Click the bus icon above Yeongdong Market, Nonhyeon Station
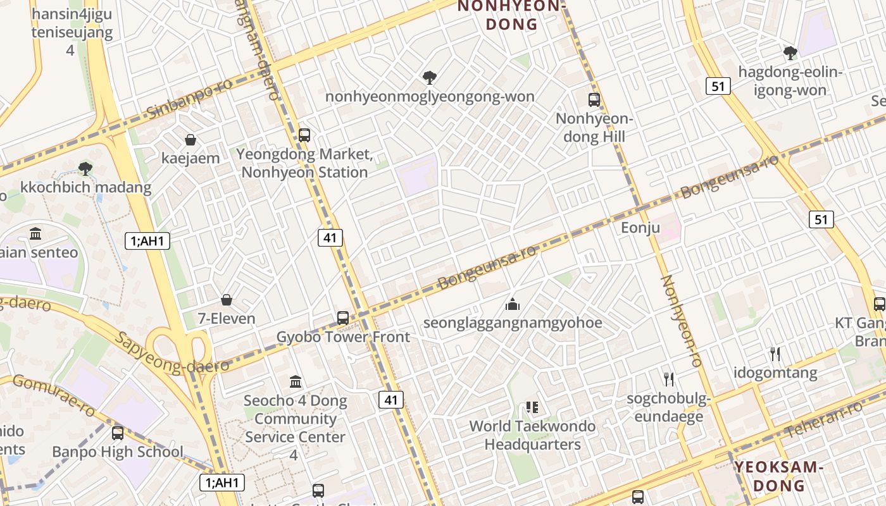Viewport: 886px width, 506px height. tap(304, 135)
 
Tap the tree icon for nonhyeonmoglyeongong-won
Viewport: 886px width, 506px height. tap(430, 78)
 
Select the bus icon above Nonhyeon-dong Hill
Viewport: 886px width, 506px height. tap(594, 100)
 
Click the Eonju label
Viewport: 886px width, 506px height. tap(640, 228)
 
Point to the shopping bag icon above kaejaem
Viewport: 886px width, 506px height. tap(190, 140)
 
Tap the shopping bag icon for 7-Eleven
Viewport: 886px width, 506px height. tap(227, 300)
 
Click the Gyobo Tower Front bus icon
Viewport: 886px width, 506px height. tap(343, 318)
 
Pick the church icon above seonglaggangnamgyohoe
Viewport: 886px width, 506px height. tap(513, 304)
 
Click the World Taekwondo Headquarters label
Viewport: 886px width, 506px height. tap(532, 435)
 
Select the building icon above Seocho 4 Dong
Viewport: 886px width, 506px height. tap(296, 382)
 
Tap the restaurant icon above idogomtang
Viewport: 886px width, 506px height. tap(775, 354)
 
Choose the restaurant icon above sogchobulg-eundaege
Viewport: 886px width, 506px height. tap(669, 379)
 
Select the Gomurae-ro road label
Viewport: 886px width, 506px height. tap(54, 395)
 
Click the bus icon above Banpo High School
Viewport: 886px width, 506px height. tap(118, 433)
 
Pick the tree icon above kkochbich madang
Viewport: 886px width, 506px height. tap(85, 168)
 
